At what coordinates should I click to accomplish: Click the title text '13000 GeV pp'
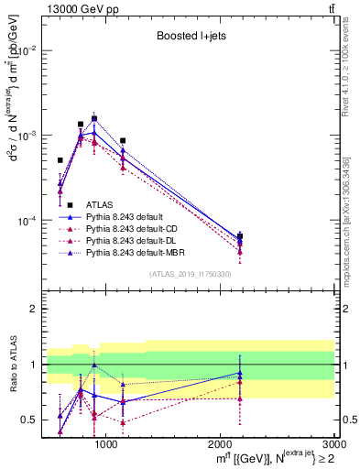coord(73,8)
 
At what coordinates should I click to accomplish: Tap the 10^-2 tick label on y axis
coord(27,50)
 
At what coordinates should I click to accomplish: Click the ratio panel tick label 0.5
coord(30,420)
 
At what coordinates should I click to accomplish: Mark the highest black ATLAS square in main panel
coord(94,118)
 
